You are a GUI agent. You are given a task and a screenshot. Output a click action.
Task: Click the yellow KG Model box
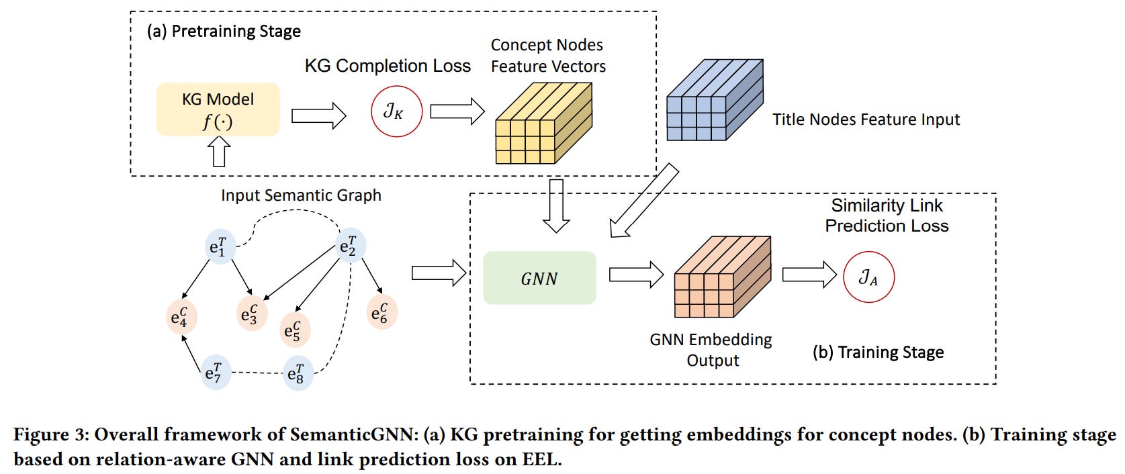click(x=218, y=109)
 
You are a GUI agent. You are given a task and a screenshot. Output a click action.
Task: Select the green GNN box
click(x=539, y=278)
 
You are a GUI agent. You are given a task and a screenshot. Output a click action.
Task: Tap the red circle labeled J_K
click(x=396, y=111)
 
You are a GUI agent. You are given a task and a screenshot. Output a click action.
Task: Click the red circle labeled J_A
click(x=868, y=277)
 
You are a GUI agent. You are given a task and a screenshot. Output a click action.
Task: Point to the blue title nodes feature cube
click(x=713, y=100)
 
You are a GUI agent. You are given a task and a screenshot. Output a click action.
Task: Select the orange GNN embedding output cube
click(x=721, y=277)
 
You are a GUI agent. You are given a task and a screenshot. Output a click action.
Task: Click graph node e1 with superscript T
click(x=218, y=246)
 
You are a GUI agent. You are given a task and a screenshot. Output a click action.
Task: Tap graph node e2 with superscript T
click(x=349, y=246)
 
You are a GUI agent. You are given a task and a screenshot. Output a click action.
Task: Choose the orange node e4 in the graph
click(x=181, y=317)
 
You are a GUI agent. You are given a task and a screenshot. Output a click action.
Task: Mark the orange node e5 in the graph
click(x=294, y=330)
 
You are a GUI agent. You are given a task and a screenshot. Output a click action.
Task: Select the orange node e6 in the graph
click(x=381, y=312)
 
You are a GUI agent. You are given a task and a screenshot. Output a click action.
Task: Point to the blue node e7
click(x=214, y=373)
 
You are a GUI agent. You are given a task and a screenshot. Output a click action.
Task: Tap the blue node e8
click(x=296, y=373)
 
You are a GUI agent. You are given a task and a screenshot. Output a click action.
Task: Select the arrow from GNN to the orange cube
click(x=635, y=275)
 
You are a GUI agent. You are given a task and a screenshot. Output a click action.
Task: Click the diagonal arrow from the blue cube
click(x=643, y=201)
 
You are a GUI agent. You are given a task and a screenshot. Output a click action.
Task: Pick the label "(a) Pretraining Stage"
click(x=224, y=32)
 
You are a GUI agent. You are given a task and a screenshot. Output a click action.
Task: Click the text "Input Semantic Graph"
click(x=301, y=195)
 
